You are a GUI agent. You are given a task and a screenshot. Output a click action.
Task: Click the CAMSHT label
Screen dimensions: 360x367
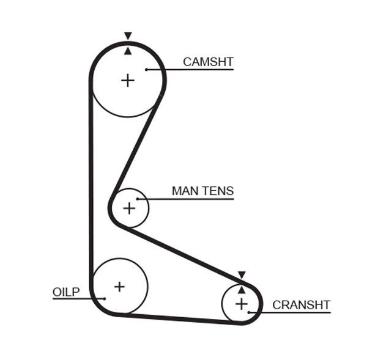[208, 62]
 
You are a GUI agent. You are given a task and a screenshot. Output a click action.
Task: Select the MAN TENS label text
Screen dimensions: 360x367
[202, 191]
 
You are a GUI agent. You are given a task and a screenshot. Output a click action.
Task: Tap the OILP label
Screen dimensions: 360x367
[66, 292]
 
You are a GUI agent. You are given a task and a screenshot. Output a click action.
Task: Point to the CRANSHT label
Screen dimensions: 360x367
[301, 304]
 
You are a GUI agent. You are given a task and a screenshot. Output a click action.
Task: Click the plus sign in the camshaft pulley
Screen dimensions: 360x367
[127, 80]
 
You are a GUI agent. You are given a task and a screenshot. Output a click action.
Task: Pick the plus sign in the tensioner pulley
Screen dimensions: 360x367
[128, 208]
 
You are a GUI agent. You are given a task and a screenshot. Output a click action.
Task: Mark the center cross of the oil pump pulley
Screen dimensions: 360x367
[119, 286]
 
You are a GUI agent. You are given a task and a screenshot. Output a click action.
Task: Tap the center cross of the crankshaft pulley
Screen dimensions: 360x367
[242, 303]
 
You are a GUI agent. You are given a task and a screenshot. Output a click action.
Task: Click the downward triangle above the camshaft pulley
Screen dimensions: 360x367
[128, 35]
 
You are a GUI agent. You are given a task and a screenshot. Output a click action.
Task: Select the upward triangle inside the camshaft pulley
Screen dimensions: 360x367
[128, 51]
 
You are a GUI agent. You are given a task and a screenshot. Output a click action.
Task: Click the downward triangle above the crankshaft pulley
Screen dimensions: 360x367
[242, 275]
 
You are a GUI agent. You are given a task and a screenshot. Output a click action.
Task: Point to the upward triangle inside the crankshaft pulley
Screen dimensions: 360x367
[242, 290]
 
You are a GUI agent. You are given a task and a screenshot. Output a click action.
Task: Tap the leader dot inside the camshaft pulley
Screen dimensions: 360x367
[147, 70]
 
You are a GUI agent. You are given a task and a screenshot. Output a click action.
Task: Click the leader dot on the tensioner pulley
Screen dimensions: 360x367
[138, 199]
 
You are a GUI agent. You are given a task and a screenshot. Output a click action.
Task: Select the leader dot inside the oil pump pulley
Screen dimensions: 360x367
[105, 299]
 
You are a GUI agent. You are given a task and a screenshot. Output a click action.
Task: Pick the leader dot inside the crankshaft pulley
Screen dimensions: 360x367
[250, 312]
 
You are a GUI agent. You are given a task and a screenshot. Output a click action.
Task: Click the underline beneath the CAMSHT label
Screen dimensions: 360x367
[196, 70]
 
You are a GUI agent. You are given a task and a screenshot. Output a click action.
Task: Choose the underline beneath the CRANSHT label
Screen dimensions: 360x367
[294, 312]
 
